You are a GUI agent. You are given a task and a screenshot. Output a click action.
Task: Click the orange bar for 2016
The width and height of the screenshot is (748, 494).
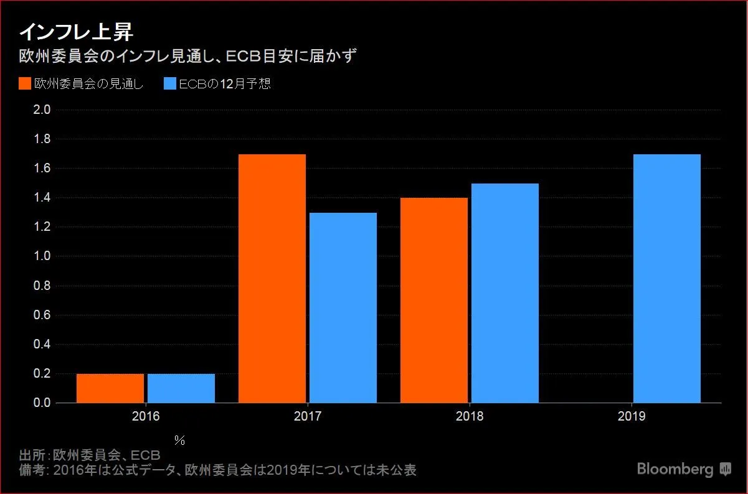tap(110, 388)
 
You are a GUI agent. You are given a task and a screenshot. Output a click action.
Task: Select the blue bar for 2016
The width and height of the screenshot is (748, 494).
tap(181, 388)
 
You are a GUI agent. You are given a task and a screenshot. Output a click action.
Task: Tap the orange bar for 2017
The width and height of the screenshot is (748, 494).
tap(272, 279)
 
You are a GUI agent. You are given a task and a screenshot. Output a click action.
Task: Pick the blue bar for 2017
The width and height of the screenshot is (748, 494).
tap(343, 308)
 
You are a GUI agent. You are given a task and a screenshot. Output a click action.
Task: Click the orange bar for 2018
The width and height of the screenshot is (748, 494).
tap(434, 301)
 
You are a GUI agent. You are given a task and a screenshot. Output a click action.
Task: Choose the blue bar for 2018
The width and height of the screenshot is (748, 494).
tap(505, 293)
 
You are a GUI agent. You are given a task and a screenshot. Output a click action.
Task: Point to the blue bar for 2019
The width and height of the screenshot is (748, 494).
tap(667, 279)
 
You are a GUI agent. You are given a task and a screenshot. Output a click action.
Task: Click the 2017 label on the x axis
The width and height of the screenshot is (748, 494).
tap(308, 416)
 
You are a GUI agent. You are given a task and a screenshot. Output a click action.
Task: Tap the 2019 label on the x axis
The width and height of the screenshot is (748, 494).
tap(632, 416)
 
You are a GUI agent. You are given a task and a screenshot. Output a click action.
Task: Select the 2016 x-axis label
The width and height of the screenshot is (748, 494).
tap(146, 416)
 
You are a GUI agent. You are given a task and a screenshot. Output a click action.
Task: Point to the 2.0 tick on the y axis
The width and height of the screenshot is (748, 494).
tap(42, 110)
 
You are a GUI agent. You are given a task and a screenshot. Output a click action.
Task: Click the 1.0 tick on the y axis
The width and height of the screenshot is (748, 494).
tap(42, 256)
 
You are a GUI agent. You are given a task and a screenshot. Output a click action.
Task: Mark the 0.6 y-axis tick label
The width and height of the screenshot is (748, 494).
tap(42, 315)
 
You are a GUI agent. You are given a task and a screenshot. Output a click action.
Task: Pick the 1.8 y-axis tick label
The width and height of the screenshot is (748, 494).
tap(42, 139)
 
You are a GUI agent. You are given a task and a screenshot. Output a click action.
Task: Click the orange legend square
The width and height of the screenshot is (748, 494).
tap(25, 84)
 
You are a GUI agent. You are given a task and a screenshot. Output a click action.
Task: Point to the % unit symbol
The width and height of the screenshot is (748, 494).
tap(180, 440)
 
